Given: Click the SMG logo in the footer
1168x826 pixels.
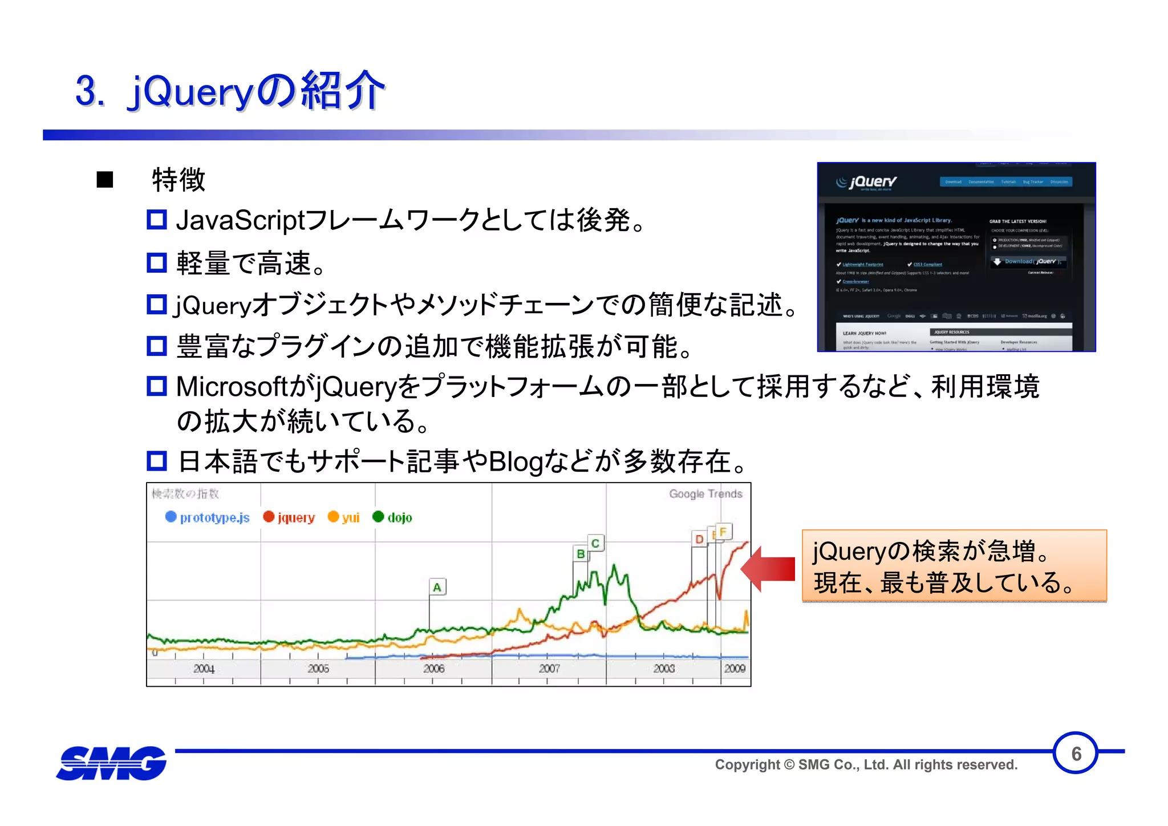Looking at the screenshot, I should click(x=112, y=763).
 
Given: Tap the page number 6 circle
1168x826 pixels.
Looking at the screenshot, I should click(x=1076, y=754).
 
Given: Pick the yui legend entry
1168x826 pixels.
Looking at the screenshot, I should click(x=344, y=517).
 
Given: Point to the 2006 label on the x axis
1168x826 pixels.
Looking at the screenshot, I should click(x=433, y=669).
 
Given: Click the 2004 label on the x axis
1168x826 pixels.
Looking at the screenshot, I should click(x=204, y=669).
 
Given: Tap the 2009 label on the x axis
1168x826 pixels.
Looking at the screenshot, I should click(x=735, y=669).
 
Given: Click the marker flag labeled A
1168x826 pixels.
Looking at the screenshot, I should click(x=437, y=587).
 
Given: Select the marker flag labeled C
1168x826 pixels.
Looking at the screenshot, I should click(x=595, y=543).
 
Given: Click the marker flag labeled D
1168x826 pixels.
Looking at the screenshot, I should click(x=699, y=539).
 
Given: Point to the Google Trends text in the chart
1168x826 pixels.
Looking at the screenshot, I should click(x=705, y=494).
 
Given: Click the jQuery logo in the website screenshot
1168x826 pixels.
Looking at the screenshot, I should click(x=866, y=183).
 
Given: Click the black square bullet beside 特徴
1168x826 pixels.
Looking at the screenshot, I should click(x=105, y=180).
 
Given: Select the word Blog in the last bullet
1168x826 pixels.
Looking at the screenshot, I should click(x=516, y=461).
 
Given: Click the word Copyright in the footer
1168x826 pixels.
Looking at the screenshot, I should click(x=747, y=765).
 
